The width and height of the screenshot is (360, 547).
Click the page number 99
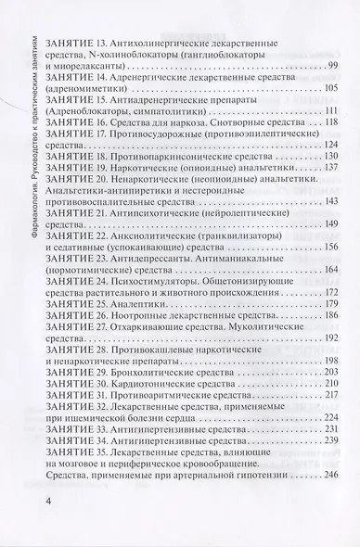point(334,64)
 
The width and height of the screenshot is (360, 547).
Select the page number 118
point(332,122)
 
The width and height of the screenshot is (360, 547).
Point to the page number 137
point(332,168)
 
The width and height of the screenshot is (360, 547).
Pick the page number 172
point(332,291)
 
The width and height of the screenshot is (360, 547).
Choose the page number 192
point(332,340)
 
